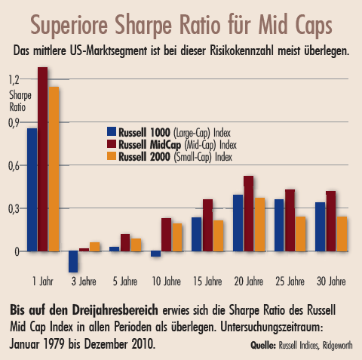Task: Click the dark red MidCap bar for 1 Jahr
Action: tap(43, 158)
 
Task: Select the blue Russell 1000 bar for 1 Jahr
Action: tap(32, 189)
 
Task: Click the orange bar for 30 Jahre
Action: tap(342, 233)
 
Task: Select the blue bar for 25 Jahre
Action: tap(279, 225)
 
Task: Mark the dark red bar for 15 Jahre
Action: tap(207, 225)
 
